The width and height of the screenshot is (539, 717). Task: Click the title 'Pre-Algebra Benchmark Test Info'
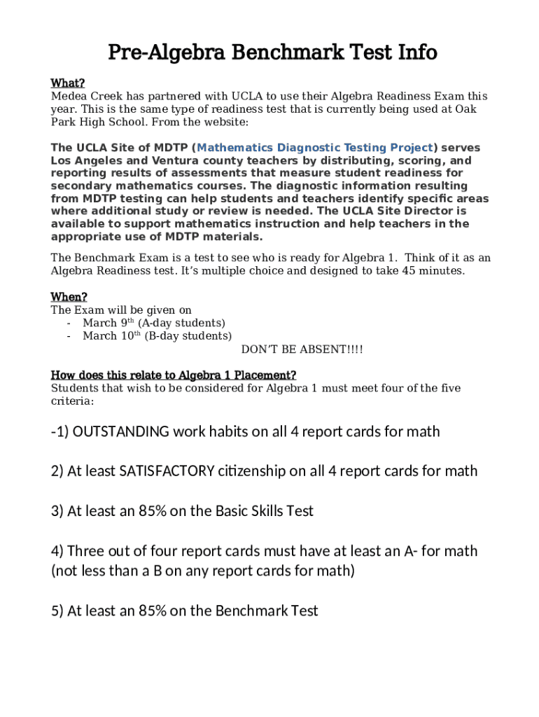272,53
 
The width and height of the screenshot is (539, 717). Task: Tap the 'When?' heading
69,297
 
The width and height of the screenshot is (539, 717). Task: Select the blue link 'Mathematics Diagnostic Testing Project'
316,148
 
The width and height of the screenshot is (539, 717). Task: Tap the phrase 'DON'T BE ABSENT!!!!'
302,349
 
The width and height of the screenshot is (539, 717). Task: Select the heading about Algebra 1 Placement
174,375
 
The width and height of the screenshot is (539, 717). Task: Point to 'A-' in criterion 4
411,551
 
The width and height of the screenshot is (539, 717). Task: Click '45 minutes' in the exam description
433,271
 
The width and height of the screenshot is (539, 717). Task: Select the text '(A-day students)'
181,323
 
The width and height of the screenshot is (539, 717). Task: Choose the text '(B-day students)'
188,336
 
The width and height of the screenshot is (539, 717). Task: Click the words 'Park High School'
96,122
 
